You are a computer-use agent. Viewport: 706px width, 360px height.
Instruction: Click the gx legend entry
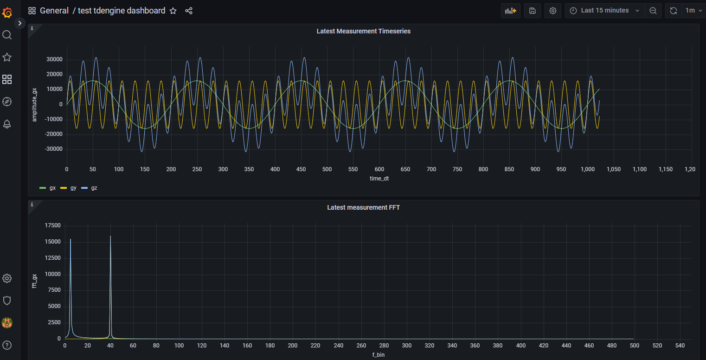48,188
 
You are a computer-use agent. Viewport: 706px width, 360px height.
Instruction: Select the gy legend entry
68,188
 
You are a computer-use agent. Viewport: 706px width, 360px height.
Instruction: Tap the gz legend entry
89,188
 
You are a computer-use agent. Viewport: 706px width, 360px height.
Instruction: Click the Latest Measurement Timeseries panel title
363,31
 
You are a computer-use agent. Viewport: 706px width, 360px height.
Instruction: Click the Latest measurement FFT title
363,207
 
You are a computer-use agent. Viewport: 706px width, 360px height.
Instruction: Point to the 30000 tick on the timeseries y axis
55,59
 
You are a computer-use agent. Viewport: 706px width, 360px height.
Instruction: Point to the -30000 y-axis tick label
54,149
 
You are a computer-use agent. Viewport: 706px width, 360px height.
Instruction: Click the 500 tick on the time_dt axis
327,169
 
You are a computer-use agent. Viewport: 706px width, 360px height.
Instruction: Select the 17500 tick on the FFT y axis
52,225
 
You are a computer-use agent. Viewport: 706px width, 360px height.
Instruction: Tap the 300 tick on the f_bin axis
407,346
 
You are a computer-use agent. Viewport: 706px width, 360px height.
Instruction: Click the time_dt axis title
379,179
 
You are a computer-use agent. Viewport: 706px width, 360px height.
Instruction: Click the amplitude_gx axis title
34,105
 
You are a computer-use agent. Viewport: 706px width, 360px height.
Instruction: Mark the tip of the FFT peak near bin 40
110,236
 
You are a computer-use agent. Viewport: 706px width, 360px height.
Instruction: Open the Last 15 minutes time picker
604,10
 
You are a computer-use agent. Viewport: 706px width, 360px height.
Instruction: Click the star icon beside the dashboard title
173,11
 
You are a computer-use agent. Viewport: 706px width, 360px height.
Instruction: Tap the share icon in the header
189,11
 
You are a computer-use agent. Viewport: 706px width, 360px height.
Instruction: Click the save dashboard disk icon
533,10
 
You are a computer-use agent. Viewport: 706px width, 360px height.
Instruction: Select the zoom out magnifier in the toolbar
653,10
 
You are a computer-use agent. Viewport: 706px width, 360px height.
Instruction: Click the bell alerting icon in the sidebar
7,124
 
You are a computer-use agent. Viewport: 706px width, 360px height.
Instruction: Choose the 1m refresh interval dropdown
694,10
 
